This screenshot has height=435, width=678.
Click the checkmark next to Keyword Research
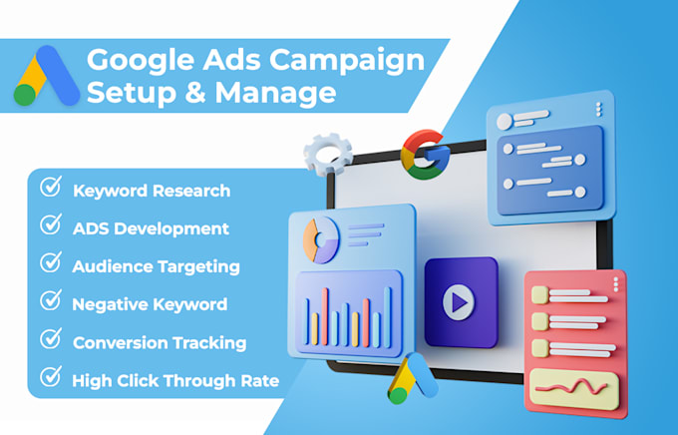pos(49,189)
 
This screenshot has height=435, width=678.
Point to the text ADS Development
pos(151,228)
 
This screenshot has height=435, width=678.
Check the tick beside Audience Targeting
pos(49,263)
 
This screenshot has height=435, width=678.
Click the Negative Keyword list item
pos(150,304)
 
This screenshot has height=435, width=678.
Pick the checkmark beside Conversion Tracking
pos(49,340)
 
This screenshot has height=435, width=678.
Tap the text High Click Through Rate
pos(175,380)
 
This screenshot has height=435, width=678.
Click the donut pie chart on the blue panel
pos(322,236)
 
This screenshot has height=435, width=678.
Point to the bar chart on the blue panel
pos(348,309)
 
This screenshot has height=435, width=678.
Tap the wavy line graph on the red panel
pos(572,384)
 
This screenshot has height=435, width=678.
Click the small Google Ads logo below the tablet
pos(413,380)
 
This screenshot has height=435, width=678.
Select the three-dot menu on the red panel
pos(614,283)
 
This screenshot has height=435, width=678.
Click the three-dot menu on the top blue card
pos(597,109)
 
